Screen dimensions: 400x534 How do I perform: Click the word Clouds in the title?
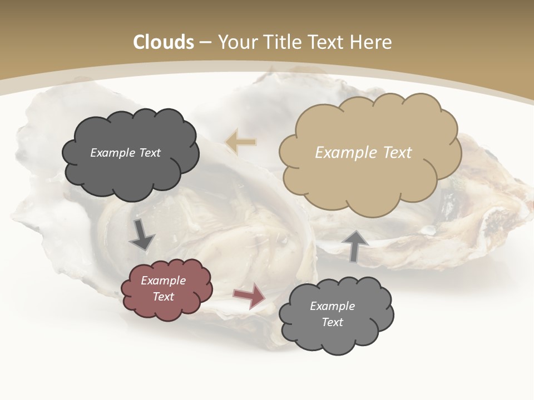coord(164,42)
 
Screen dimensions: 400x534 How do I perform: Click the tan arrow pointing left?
coord(241,142)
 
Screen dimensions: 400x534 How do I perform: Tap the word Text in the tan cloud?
coord(397,153)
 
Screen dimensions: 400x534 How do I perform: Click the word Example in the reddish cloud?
coord(163,281)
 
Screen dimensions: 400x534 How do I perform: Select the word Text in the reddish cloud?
coord(163,297)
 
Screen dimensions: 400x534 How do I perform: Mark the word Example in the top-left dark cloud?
coord(112,153)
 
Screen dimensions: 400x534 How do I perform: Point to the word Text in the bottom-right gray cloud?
coord(332,322)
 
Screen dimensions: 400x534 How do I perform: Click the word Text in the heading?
coord(328,42)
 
